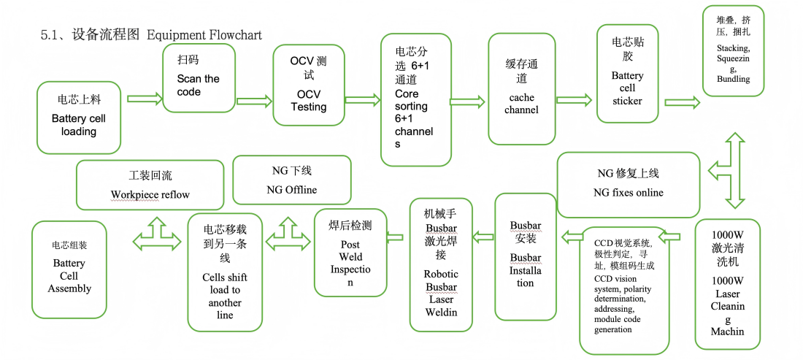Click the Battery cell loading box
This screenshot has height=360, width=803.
pos(79,117)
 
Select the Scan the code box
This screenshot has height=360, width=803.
pos(199,77)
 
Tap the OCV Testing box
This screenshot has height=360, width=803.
pos(309,86)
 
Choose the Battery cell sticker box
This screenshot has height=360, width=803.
pos(628,74)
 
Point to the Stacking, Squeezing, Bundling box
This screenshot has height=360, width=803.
pos(733,50)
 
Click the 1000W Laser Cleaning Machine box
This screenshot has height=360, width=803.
pos(727,283)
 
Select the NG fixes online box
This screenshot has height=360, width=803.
pos(629,185)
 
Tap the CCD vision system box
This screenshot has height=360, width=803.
pos(625,290)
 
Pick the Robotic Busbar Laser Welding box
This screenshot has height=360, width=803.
pos(441,264)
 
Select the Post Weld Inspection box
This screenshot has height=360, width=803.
pos(350,253)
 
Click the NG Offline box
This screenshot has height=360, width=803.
pos(291,180)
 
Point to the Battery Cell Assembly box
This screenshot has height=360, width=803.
pos(69,269)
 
